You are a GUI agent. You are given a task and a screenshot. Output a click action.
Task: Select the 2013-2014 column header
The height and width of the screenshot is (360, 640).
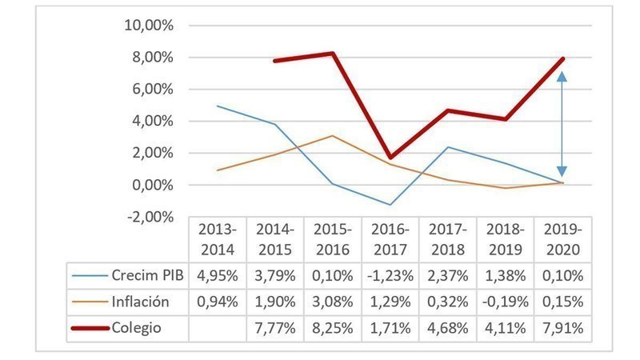pyautogui.click(x=218, y=238)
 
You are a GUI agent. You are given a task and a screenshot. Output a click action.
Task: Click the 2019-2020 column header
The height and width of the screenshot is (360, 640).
pyautogui.click(x=562, y=238)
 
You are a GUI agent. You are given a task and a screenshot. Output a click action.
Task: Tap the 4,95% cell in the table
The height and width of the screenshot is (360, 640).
pyautogui.click(x=218, y=276)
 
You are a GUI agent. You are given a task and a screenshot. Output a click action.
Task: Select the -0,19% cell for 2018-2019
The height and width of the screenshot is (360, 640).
pyautogui.click(x=505, y=302)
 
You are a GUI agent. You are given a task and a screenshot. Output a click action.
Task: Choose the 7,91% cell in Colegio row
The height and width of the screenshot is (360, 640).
pyautogui.click(x=562, y=328)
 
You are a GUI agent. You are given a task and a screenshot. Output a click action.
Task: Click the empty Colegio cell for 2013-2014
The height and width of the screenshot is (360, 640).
pyautogui.click(x=218, y=328)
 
